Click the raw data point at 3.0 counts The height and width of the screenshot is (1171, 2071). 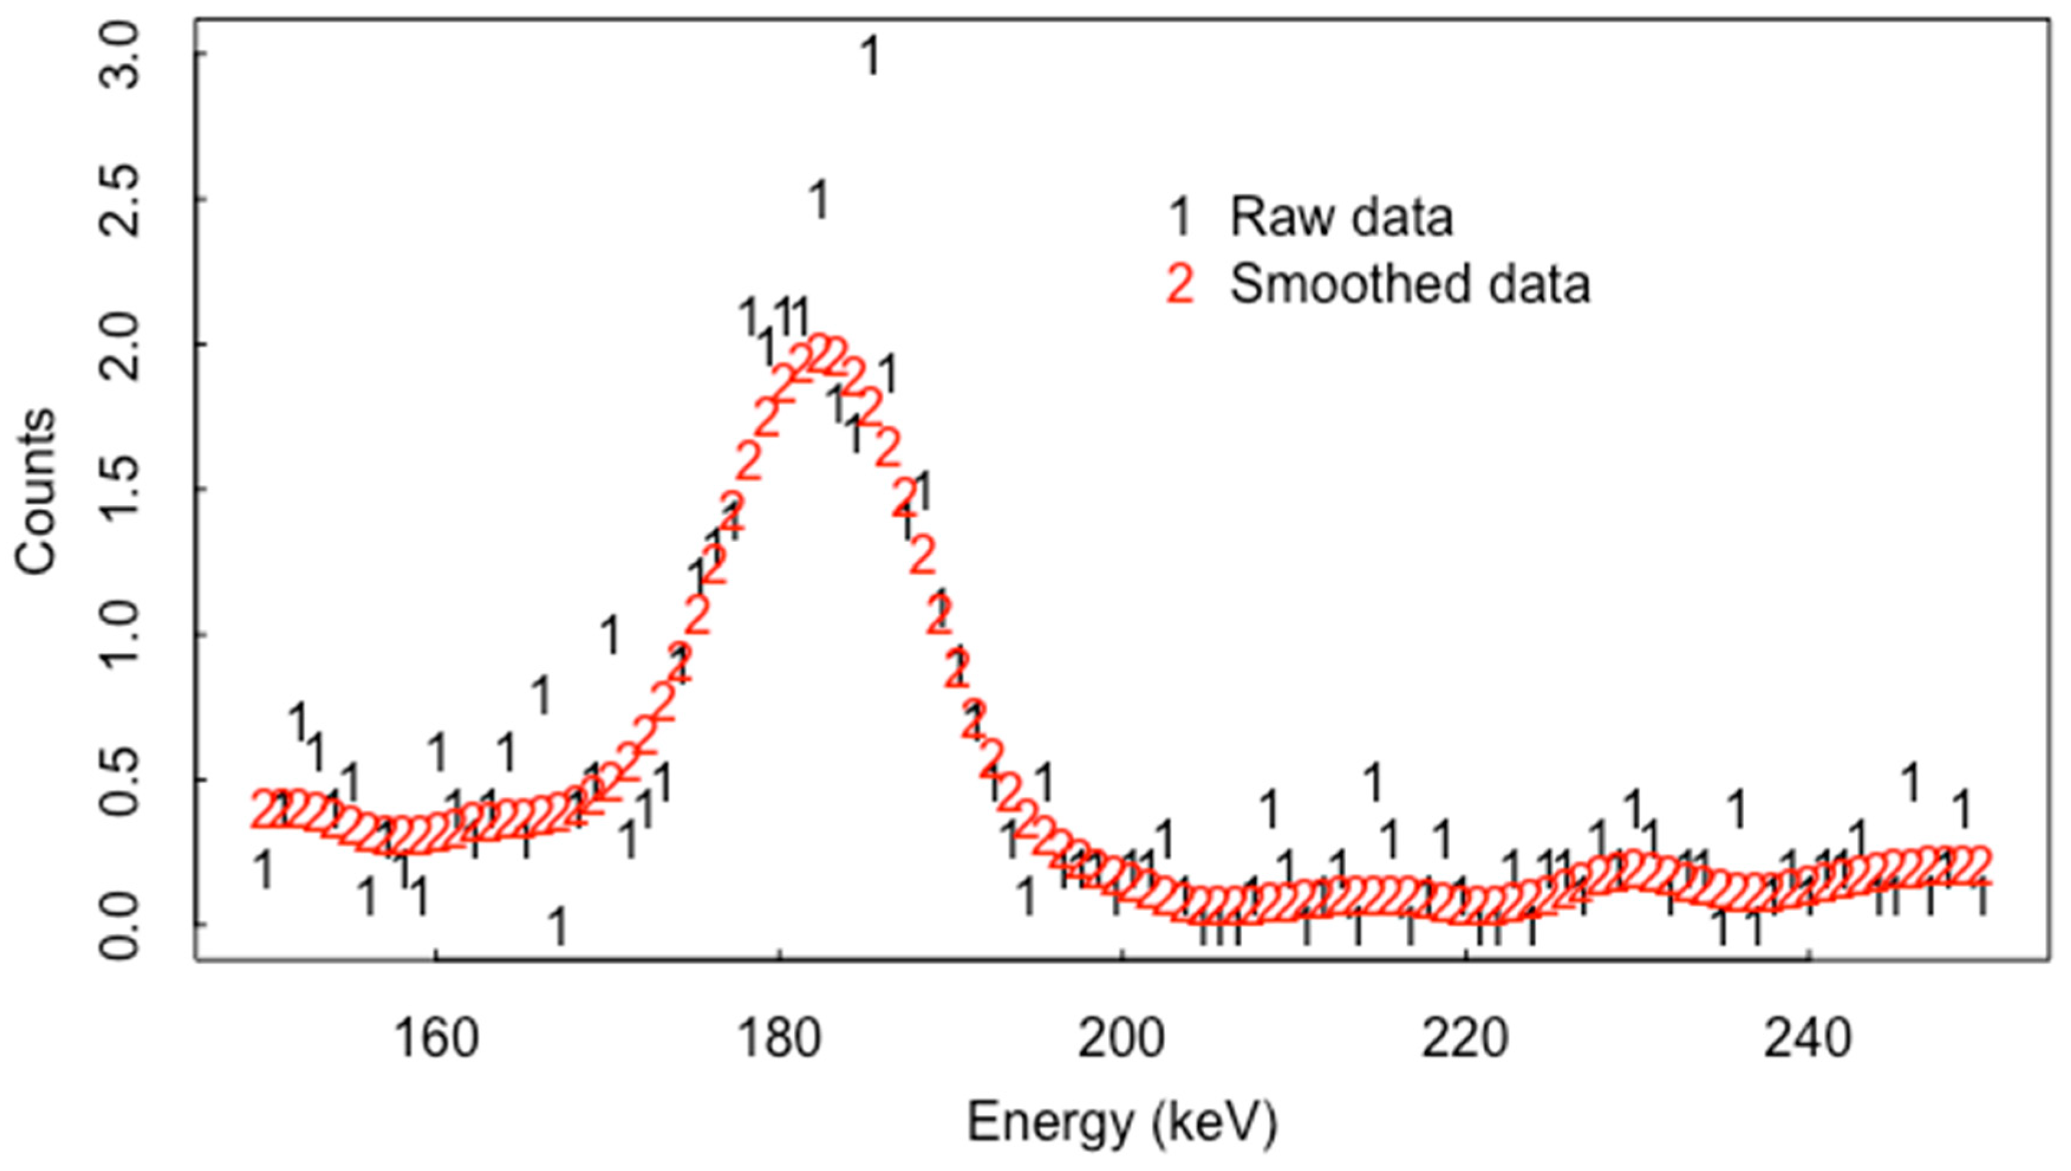(x=870, y=56)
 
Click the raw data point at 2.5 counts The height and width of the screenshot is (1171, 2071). (x=819, y=199)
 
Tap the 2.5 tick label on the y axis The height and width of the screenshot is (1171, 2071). (x=119, y=200)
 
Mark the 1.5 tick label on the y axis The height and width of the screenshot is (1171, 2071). (x=119, y=490)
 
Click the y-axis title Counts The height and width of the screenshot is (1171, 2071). (x=35, y=492)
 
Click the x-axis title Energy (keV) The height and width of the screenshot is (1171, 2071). (x=1121, y=1123)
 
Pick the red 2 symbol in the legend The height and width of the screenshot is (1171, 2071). (x=1179, y=284)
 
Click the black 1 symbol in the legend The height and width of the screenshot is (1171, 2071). (x=1179, y=217)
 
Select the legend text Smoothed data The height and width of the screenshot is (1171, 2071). (x=1410, y=284)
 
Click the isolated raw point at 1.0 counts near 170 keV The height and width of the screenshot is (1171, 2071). (x=611, y=634)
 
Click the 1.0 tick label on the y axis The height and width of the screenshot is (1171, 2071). (x=119, y=635)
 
